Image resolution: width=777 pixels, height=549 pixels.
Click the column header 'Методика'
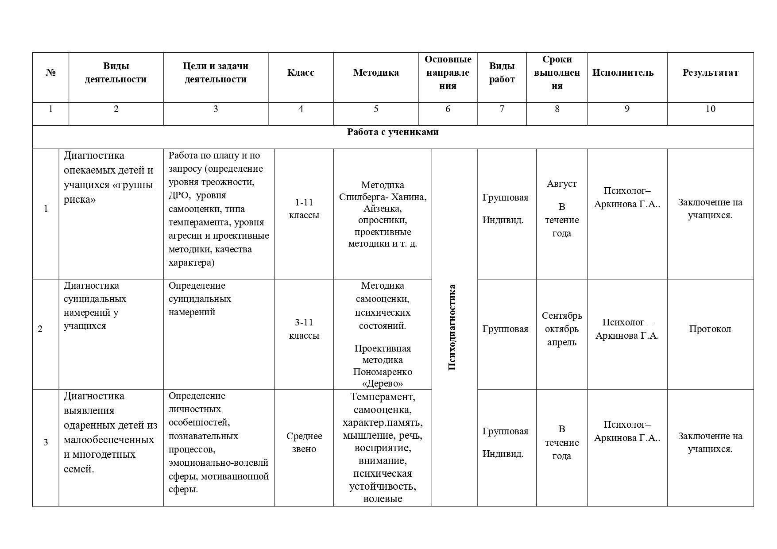(376, 73)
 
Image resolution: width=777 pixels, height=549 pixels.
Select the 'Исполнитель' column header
(623, 73)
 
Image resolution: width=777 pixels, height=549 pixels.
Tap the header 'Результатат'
(710, 73)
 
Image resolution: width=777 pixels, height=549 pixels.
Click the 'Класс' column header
(301, 73)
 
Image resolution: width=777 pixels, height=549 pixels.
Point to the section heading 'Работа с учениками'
(393, 132)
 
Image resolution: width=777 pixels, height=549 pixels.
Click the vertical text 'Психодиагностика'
(452, 327)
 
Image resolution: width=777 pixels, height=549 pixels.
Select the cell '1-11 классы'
(304, 209)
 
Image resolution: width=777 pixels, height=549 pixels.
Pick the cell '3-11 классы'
(304, 329)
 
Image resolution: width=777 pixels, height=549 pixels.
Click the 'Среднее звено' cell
(304, 442)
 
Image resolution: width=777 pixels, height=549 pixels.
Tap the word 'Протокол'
(710, 329)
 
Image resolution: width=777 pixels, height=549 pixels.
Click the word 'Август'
(561, 184)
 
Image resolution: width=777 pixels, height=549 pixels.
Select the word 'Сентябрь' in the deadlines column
(562, 316)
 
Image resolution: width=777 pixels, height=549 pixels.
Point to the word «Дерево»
(383, 383)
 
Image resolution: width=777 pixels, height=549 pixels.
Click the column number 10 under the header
(710, 109)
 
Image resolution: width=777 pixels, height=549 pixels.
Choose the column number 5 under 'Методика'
(376, 109)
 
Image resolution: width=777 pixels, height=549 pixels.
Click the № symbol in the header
(50, 73)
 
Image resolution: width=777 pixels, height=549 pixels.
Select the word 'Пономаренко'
(383, 372)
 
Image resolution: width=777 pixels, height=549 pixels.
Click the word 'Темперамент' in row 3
(382, 397)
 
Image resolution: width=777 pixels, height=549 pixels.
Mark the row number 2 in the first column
(40, 329)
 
